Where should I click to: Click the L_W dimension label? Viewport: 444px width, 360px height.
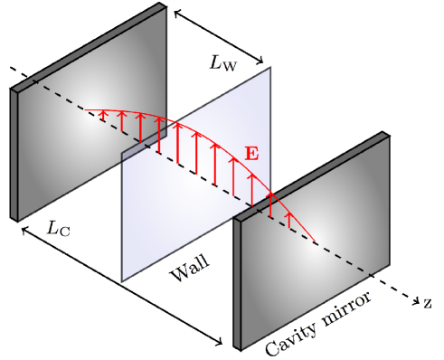click(x=224, y=63)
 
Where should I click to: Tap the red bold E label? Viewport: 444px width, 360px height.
click(x=251, y=154)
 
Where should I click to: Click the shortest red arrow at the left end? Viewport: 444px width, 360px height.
click(x=103, y=115)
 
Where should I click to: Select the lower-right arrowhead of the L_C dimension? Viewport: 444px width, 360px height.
click(x=219, y=341)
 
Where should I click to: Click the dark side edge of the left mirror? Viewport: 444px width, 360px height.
click(x=14, y=154)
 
